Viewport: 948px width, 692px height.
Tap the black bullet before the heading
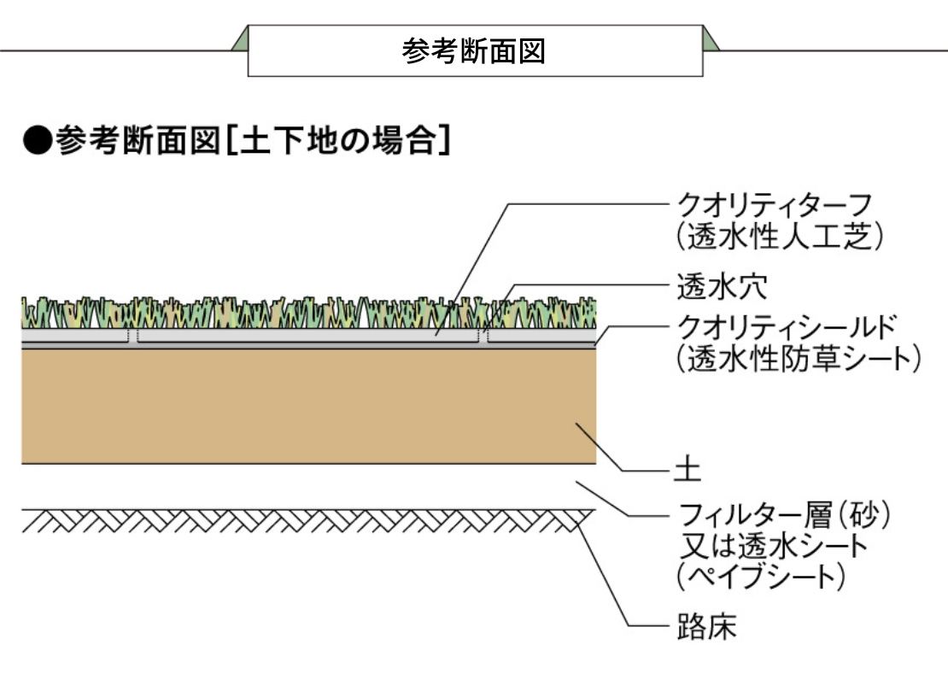(x=37, y=139)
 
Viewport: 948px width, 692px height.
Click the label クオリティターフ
(x=774, y=205)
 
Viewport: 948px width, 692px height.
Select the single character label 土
(x=687, y=469)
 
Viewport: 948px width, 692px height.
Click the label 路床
(x=705, y=628)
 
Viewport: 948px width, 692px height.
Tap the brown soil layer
(x=307, y=406)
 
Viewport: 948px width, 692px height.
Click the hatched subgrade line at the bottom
(x=307, y=519)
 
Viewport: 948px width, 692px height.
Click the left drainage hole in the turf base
(x=133, y=336)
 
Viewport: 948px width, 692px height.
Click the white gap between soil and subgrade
(x=307, y=487)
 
